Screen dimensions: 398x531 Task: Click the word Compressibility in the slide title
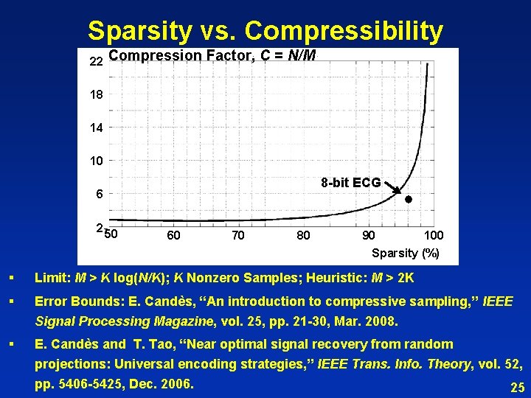coord(344,31)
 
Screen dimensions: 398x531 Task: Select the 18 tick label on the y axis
coord(96,94)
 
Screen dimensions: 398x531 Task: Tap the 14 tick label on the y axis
coord(96,128)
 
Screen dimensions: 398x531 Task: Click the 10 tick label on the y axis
coord(96,161)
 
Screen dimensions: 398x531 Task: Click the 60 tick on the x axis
coord(173,235)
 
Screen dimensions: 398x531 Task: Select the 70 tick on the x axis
coord(238,235)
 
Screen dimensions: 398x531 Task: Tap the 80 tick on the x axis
coord(303,235)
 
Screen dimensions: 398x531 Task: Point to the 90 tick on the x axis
coord(368,235)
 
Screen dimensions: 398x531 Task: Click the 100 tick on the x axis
coord(433,235)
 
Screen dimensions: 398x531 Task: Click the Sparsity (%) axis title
coord(406,253)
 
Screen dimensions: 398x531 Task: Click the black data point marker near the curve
coord(408,200)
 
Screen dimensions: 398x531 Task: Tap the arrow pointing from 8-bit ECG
coord(392,189)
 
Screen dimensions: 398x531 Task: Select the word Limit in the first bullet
coord(53,278)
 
